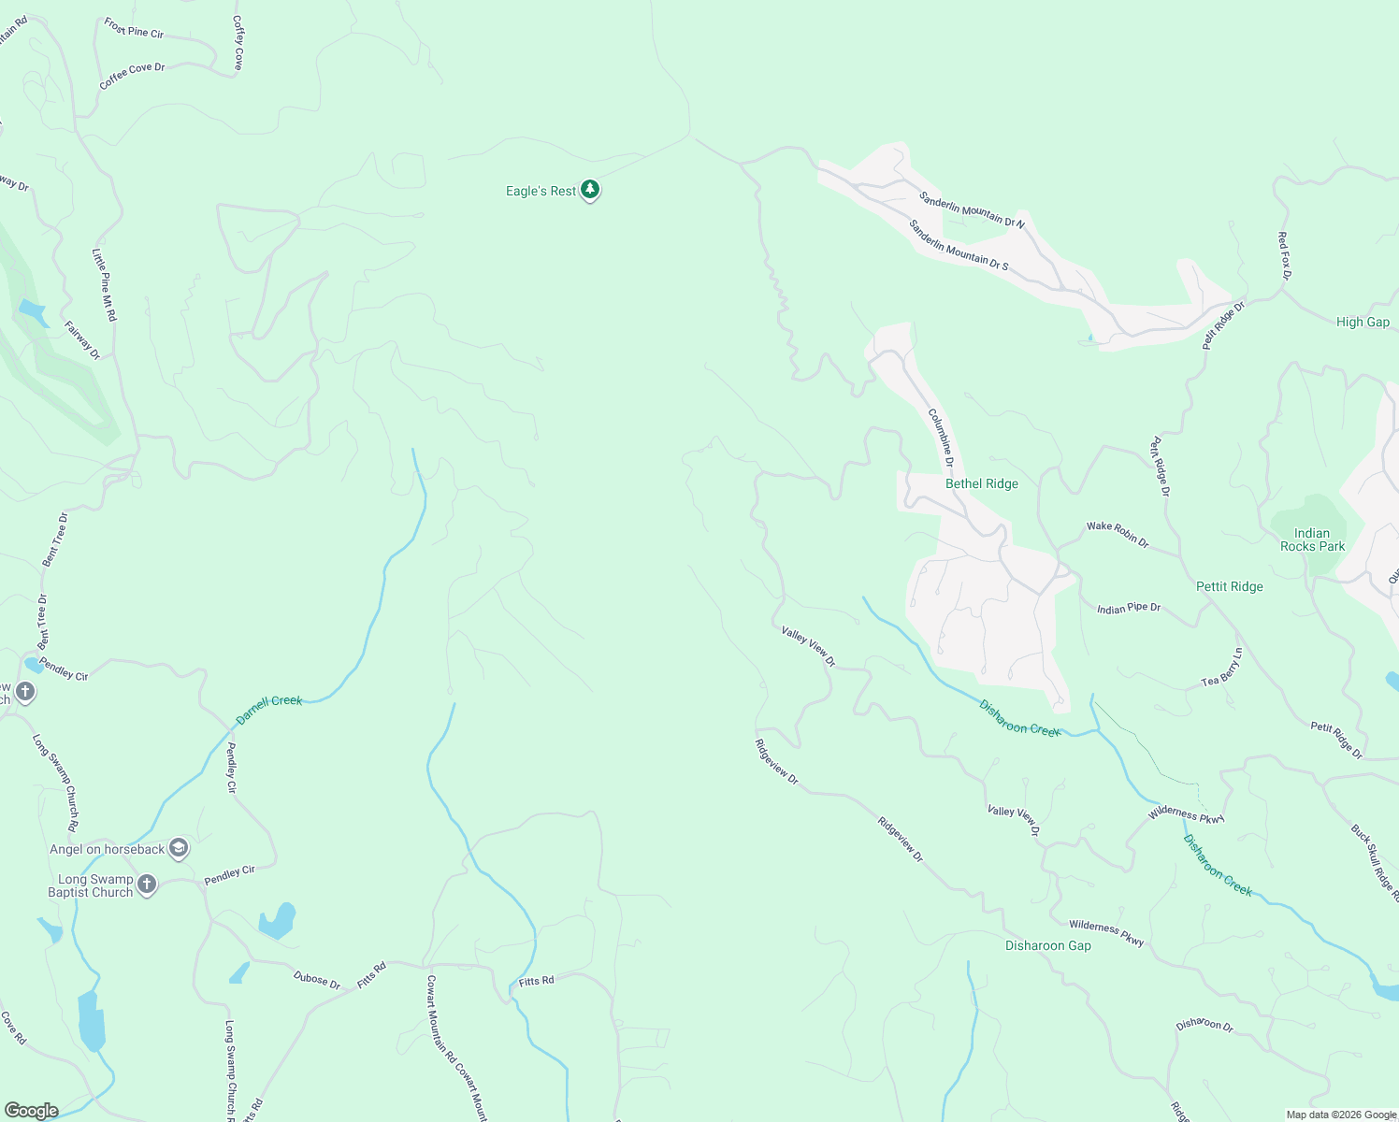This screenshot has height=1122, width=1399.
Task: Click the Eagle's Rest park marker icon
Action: point(589,190)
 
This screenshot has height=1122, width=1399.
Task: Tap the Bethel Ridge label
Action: point(981,483)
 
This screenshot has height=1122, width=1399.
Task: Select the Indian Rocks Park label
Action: point(1312,539)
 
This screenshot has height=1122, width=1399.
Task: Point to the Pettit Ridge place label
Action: point(1229,586)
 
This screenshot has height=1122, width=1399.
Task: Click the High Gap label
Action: point(1362,322)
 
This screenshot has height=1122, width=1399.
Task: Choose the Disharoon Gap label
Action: point(1047,945)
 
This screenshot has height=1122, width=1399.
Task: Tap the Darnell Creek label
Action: point(269,710)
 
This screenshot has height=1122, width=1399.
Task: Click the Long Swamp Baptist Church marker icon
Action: point(146,885)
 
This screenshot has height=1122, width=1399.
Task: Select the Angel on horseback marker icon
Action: point(179,849)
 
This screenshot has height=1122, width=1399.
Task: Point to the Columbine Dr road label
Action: point(941,437)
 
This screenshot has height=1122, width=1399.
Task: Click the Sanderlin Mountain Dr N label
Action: point(972,209)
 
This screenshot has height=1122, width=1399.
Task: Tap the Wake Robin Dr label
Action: point(1117,533)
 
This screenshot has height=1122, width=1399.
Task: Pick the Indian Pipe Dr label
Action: point(1128,609)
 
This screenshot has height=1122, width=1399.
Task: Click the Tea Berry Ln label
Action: point(1222,668)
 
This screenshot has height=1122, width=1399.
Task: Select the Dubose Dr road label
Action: point(317,979)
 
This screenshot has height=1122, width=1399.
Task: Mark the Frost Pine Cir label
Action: point(134,29)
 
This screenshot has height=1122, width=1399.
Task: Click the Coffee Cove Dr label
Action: point(132,75)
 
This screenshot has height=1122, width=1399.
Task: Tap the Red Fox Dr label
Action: point(1284,256)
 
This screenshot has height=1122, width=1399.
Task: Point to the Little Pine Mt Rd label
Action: point(104,284)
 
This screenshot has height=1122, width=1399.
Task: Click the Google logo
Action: point(32,1110)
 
